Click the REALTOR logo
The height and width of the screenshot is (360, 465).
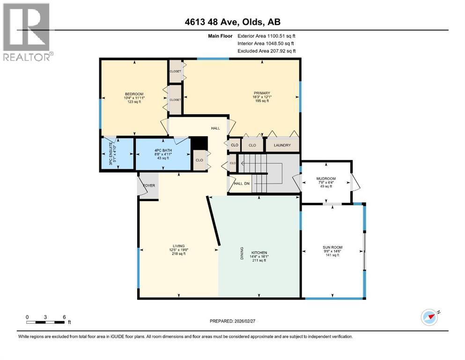tap(26, 32)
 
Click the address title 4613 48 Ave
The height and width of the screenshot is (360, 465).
tap(232, 22)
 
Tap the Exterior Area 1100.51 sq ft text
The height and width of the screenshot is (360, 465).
tap(266, 36)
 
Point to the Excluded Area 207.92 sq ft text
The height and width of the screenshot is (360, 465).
tap(266, 51)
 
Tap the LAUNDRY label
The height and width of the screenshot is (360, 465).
tap(282, 145)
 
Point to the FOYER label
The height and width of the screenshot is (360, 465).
tap(149, 186)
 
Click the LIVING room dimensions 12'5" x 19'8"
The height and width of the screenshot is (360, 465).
tap(178, 250)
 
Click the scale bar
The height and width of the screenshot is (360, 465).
tap(45, 321)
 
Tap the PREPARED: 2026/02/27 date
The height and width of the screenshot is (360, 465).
tap(232, 321)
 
